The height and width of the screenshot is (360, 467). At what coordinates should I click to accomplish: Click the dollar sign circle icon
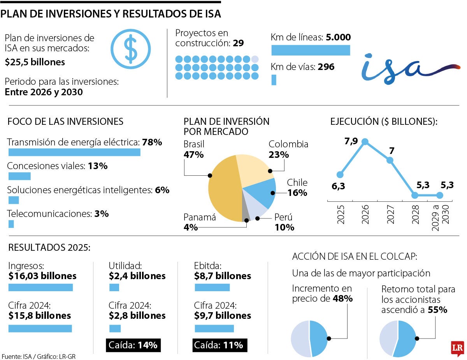(x=130, y=49)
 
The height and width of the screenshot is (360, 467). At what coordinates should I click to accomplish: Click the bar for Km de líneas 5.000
(x=311, y=50)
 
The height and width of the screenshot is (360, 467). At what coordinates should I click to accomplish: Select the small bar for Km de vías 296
(x=274, y=80)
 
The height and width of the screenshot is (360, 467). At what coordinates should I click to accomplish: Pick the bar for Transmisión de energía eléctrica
(x=74, y=152)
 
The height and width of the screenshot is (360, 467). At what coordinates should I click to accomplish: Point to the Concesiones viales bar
(x=19, y=176)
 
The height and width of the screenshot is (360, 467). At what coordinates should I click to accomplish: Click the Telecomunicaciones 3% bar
(x=11, y=224)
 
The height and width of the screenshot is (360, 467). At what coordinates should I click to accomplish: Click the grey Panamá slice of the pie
(x=246, y=214)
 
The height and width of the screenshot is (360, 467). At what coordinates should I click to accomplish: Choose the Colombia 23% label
(x=288, y=149)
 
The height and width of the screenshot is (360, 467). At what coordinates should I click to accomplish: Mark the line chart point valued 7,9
(x=365, y=142)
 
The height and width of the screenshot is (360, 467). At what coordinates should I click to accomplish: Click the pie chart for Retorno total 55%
(x=397, y=339)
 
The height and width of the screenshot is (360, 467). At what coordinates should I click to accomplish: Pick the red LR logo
(x=458, y=348)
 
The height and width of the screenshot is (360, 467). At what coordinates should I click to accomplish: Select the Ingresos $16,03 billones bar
(x=40, y=287)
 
